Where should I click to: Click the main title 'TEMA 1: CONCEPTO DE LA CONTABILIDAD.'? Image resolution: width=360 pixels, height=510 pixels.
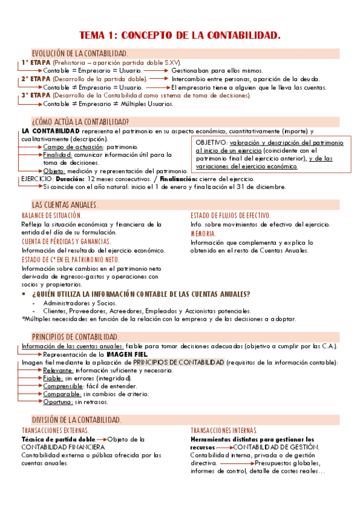(x=180, y=36)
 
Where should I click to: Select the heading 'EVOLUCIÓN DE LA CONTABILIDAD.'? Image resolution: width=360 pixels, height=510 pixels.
(x=79, y=54)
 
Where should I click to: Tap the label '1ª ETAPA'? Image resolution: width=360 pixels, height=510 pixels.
(x=36, y=62)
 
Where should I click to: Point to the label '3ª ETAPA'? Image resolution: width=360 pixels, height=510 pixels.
(x=36, y=95)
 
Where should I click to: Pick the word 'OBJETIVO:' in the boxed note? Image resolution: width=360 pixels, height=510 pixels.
(x=212, y=143)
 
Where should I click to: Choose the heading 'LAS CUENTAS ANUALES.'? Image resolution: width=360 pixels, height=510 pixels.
(x=65, y=205)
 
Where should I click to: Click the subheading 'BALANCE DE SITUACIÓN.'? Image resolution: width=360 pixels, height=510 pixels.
(x=52, y=215)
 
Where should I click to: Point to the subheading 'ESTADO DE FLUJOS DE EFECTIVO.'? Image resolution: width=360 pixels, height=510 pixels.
(x=230, y=215)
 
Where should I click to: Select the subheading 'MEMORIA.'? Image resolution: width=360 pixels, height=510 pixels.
(x=204, y=233)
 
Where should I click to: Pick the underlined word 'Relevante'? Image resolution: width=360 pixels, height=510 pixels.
(x=58, y=370)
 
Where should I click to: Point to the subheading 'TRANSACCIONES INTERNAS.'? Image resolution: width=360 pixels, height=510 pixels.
(x=224, y=431)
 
